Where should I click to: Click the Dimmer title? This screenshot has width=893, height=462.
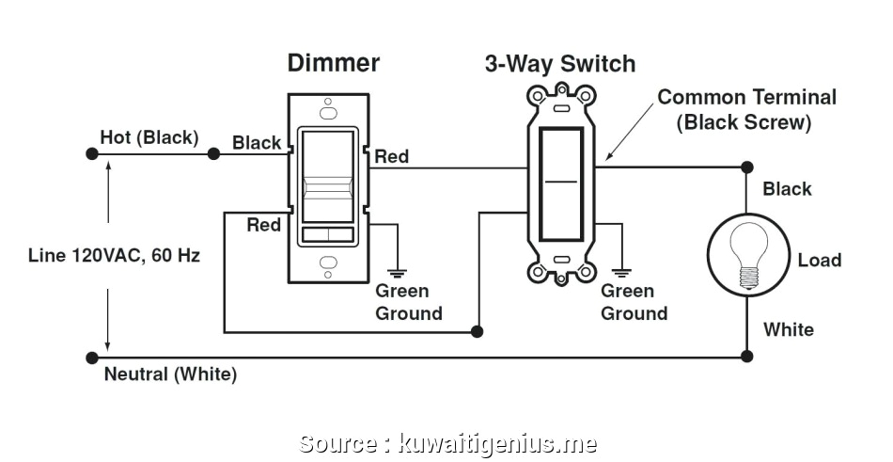333,63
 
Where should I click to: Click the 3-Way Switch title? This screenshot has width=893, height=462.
559,64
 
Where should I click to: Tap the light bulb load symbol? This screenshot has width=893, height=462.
747,254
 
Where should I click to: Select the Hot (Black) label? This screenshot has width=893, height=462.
149,137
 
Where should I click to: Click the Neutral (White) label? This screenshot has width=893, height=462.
170,374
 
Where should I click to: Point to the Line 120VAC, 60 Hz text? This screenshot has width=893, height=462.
113,255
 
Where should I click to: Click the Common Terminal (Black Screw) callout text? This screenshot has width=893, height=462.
745,109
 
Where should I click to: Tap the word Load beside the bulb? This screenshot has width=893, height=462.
819,260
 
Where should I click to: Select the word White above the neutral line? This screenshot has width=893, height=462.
788,329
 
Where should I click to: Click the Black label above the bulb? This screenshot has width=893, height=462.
787,189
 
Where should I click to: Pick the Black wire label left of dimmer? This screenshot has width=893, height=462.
257,142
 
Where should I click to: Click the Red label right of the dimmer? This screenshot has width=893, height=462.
392,156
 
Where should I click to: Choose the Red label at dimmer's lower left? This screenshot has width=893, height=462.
263,225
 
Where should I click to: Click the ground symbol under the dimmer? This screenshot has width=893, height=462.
398,271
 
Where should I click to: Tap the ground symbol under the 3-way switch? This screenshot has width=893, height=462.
622,271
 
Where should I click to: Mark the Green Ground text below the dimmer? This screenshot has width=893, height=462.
408,302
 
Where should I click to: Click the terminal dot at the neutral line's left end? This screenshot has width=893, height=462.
91,358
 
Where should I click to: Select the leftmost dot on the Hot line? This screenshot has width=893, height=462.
91,152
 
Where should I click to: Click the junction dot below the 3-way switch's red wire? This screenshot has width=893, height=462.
478,331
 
